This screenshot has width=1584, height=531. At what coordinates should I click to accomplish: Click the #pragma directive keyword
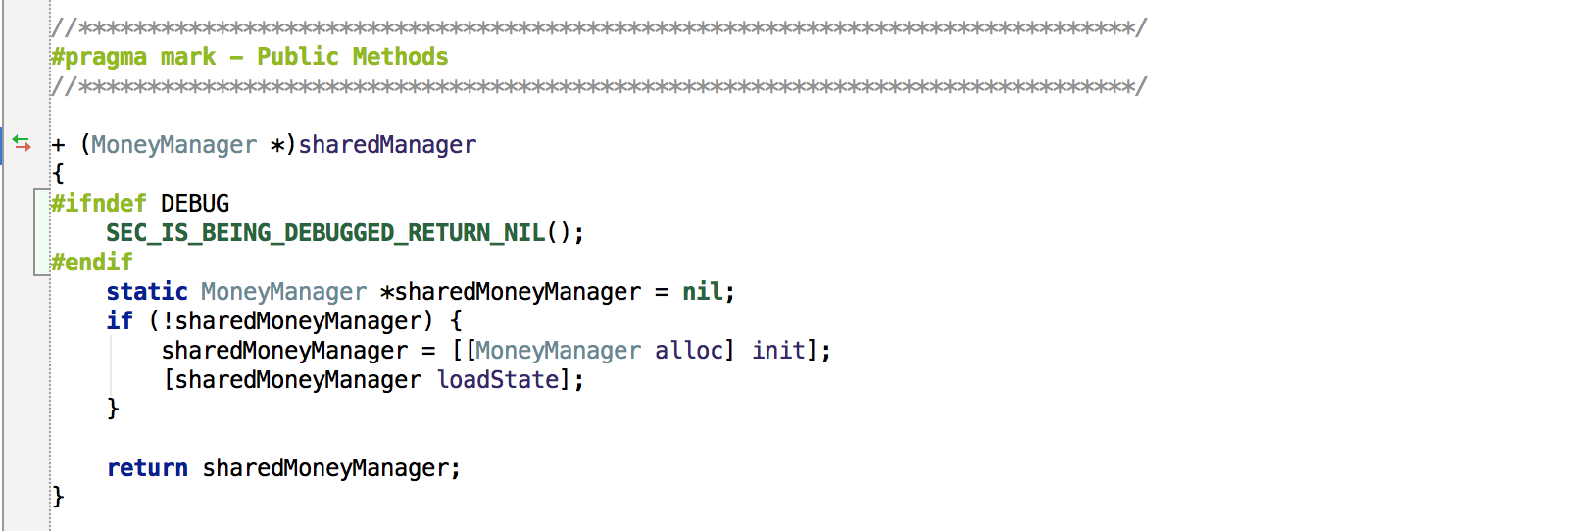point(98,57)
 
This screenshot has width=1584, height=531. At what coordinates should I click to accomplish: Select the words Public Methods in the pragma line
point(352,57)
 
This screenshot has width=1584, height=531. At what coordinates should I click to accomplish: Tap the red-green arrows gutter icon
point(22,144)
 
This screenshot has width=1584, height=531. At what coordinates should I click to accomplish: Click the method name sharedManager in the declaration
point(387,145)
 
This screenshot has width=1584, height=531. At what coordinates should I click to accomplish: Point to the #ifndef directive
point(98,204)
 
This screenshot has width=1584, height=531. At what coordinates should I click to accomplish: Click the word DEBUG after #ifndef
point(195,204)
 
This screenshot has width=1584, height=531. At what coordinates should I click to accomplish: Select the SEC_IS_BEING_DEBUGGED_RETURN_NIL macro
point(325,233)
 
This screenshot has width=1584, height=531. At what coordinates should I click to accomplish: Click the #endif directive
point(91,263)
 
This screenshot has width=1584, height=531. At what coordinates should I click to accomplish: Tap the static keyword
point(147,292)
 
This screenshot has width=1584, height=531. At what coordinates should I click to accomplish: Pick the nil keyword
point(703,292)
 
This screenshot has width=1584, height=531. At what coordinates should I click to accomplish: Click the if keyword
point(120,321)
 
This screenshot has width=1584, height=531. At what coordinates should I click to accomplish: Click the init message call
point(779,351)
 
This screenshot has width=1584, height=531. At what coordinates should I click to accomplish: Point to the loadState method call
point(498,380)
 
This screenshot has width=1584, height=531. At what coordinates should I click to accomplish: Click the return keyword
point(147,468)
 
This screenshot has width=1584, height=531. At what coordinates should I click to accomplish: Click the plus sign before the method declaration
point(58,145)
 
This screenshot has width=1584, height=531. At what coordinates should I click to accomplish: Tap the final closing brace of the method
point(58,497)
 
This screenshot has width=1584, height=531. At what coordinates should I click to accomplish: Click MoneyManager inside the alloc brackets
point(558,351)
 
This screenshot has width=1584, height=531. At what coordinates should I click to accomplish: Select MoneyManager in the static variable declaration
point(283,292)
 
